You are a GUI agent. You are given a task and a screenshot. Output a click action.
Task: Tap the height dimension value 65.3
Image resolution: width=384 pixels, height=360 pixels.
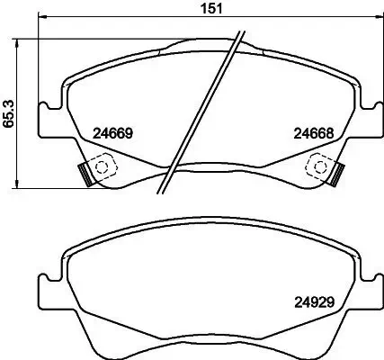(x=9, y=113)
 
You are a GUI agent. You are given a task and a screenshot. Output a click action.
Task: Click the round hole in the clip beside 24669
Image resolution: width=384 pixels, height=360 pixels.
(x=99, y=165)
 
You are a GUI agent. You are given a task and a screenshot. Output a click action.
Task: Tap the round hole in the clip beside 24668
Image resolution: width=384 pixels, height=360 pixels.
(x=316, y=165)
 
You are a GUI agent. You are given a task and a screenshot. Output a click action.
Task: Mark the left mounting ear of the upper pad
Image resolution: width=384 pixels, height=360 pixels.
(x=47, y=121)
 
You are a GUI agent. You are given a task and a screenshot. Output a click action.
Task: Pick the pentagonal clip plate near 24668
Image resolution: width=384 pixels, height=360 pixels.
(x=317, y=166)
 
